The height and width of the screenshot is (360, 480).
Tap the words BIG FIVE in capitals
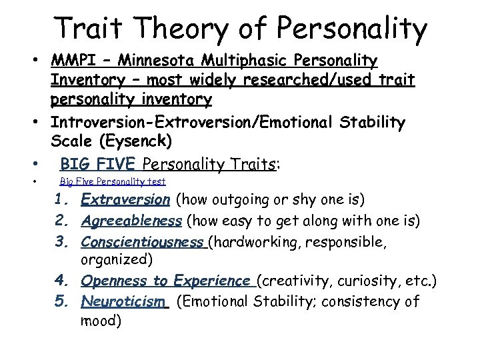click(99, 163)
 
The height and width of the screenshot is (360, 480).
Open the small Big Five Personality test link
click(113, 181)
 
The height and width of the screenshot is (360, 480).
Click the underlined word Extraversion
click(125, 199)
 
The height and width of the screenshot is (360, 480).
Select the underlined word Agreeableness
click(131, 220)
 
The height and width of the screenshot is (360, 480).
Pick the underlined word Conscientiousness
click(143, 241)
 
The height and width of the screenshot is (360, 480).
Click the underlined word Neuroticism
click(123, 302)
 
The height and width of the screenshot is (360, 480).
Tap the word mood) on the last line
click(101, 321)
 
